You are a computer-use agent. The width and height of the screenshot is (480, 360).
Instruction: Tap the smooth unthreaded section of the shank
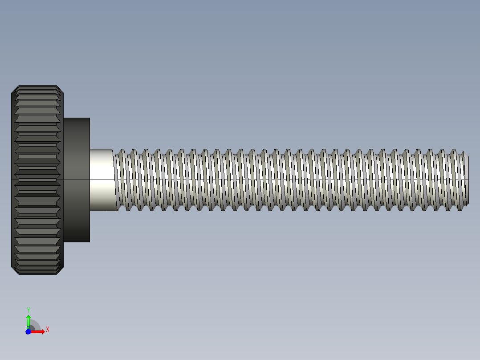coord(101,169)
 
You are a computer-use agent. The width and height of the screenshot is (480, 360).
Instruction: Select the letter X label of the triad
coord(48,330)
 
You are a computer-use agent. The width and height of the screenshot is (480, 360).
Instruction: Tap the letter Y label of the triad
coord(28,310)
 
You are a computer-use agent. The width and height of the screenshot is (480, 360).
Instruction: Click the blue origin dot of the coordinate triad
coord(28,331)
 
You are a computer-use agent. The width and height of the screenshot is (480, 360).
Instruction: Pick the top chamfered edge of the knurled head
coord(37,86)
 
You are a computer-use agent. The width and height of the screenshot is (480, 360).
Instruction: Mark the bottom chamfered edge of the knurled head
coord(37,273)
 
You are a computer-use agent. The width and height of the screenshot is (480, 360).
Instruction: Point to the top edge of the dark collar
coord(77,118)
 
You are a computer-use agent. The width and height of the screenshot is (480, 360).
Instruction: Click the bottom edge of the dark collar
coord(77,241)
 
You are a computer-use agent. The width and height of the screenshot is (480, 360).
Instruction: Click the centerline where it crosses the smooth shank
coord(101,180)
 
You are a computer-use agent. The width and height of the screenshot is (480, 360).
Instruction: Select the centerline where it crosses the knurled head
coord(37,180)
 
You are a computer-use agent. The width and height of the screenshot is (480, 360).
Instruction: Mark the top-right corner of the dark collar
coord(89,119)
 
